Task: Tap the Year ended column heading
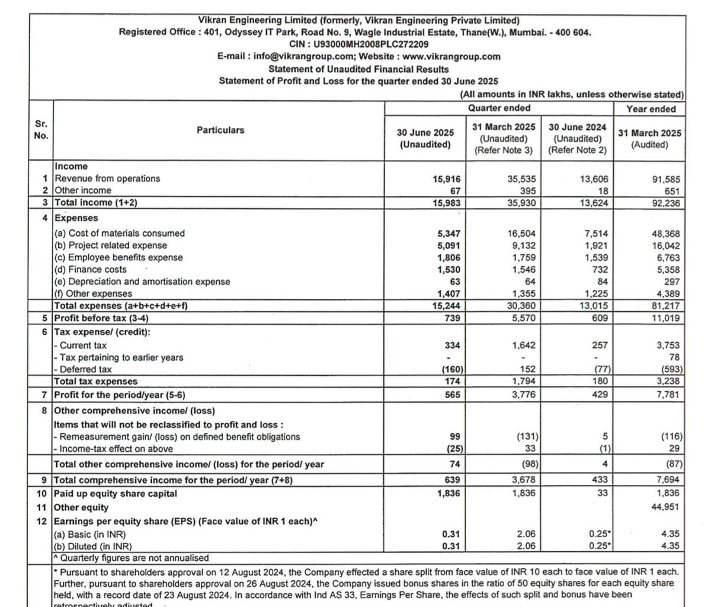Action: point(651,108)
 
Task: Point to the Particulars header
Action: point(220,130)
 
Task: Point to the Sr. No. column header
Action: point(41,130)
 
